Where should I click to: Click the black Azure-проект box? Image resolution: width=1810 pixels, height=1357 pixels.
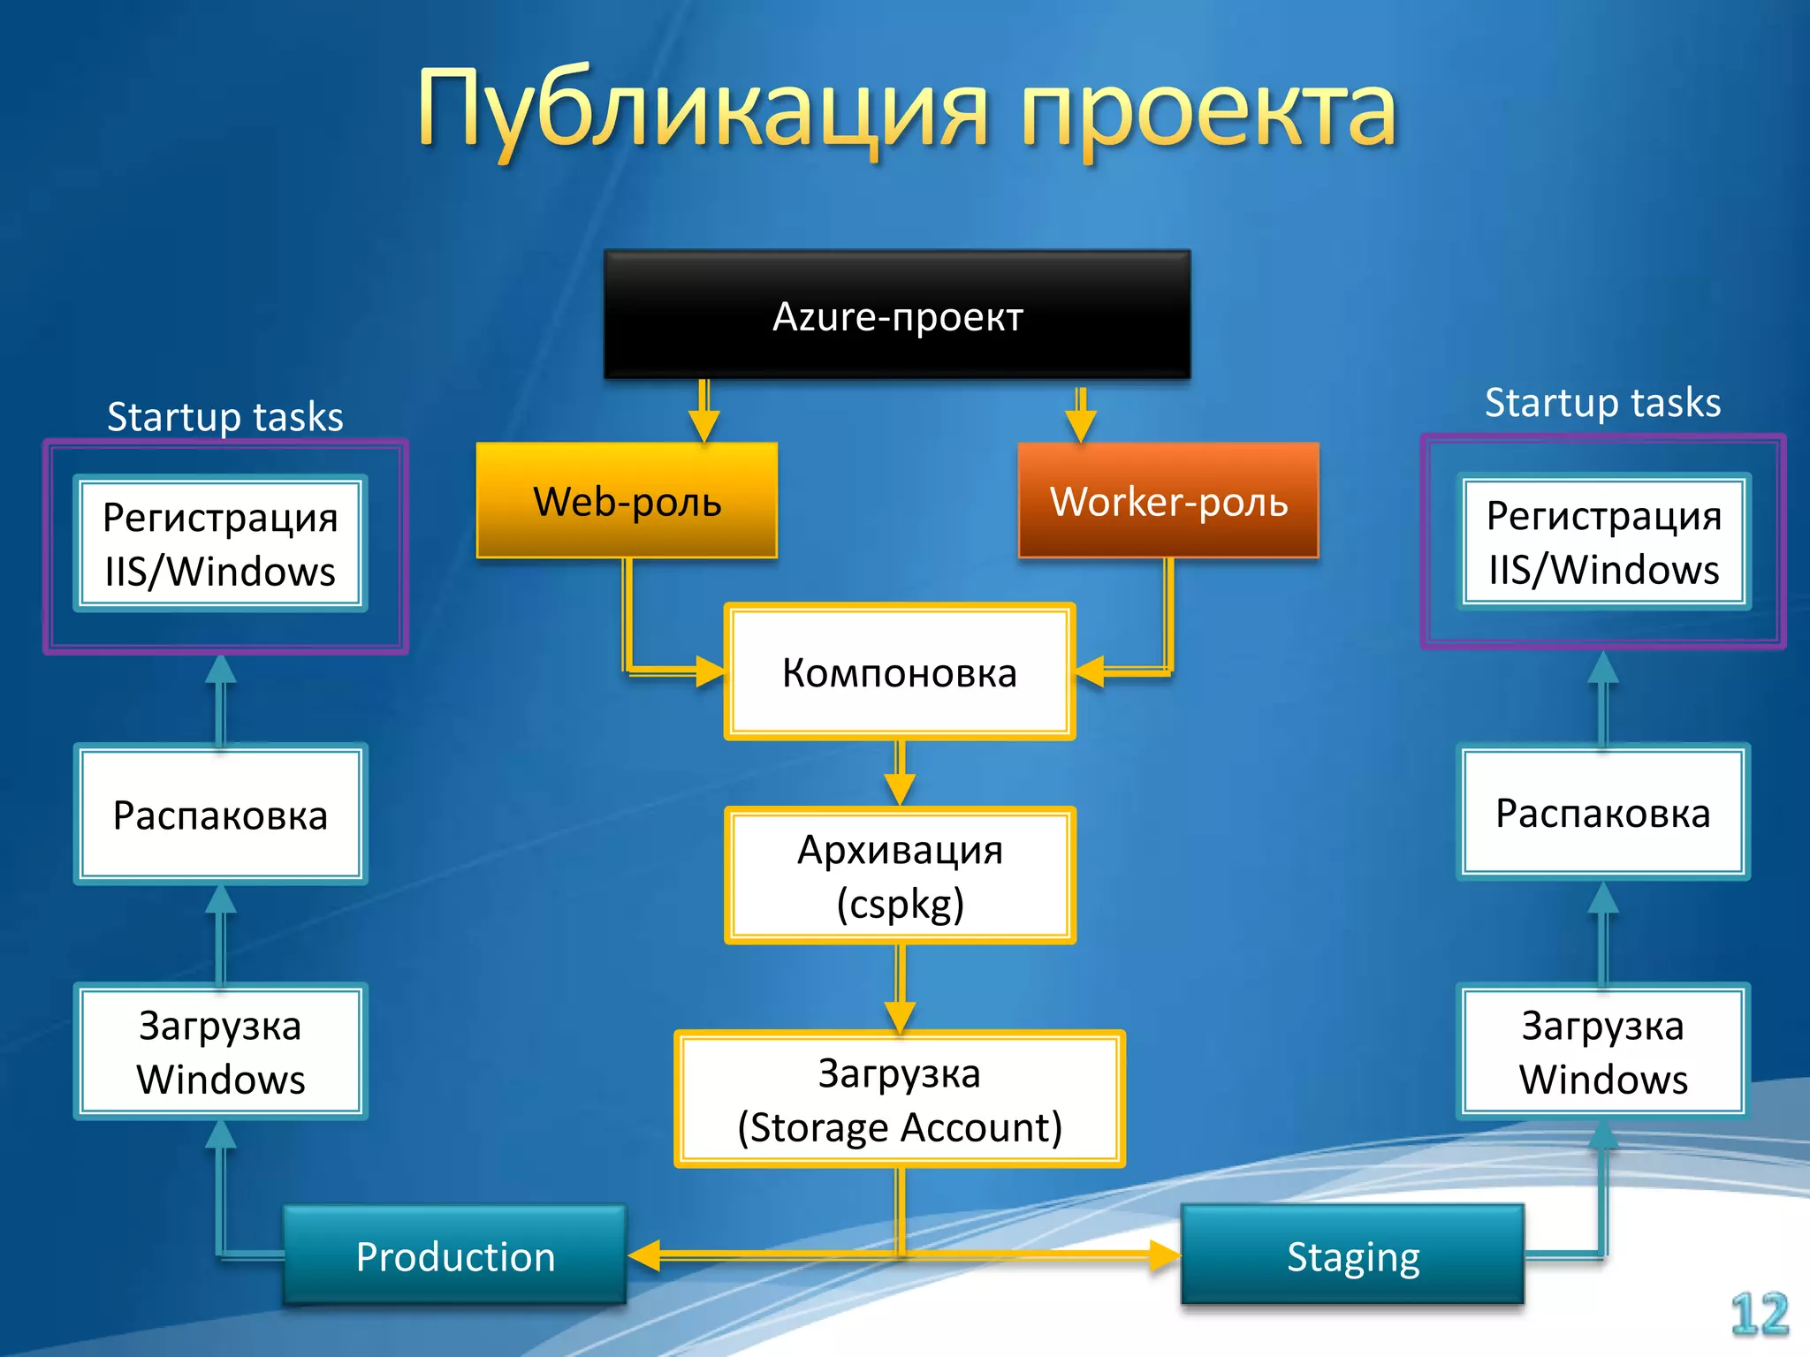coord(897,315)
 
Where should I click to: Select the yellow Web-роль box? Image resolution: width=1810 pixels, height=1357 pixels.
coord(627,501)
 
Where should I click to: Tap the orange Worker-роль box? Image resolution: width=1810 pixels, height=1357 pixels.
coord(1167,501)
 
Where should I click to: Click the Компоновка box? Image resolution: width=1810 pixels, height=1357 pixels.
coord(899,672)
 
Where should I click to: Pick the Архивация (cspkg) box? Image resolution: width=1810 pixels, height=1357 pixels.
coord(899,876)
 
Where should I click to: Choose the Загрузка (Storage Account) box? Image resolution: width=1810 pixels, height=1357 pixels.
coord(899,1100)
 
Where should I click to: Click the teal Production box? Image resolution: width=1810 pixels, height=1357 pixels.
coord(454,1255)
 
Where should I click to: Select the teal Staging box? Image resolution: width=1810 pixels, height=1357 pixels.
coord(1352,1255)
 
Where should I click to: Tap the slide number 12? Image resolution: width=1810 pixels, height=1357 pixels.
coord(1759,1314)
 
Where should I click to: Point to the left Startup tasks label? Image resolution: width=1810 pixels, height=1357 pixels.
coord(224,416)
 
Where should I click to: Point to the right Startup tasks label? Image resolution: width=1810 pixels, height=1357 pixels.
coord(1602,403)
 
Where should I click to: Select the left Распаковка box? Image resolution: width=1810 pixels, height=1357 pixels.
coord(220,815)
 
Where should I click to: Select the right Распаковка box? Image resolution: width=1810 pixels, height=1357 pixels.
coord(1602,813)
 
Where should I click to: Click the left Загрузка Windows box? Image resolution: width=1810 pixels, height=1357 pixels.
coord(220,1052)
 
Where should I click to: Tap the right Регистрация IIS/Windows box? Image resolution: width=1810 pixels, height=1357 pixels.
coord(1603,542)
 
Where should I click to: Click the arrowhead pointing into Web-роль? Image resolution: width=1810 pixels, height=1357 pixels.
coord(704,426)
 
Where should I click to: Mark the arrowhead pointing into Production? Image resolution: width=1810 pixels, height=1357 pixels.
coord(644,1255)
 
